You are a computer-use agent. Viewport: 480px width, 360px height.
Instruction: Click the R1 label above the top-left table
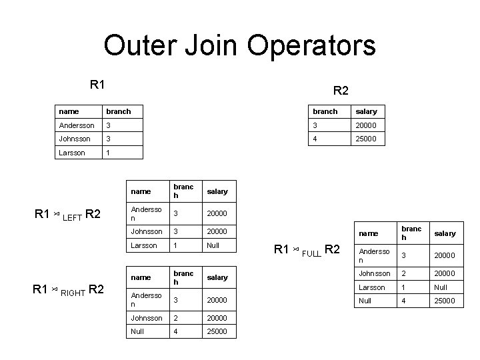(x=98, y=85)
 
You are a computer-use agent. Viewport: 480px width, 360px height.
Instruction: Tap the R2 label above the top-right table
(x=341, y=90)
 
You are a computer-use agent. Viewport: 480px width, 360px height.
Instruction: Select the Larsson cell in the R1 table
(x=72, y=153)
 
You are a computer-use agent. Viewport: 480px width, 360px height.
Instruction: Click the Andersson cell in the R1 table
(x=77, y=125)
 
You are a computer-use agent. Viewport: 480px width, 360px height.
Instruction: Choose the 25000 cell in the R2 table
(x=366, y=139)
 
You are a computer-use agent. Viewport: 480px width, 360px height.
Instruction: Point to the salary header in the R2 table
(x=366, y=111)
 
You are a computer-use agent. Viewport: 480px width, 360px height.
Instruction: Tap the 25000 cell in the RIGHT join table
(x=217, y=331)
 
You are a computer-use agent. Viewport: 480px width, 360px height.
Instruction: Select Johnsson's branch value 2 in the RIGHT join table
(x=176, y=318)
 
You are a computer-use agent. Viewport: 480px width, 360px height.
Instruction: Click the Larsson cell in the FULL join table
(x=372, y=287)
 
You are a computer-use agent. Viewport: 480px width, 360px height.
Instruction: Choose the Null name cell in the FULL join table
(x=367, y=301)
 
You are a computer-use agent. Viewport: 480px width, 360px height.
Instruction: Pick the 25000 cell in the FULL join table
(x=444, y=301)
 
